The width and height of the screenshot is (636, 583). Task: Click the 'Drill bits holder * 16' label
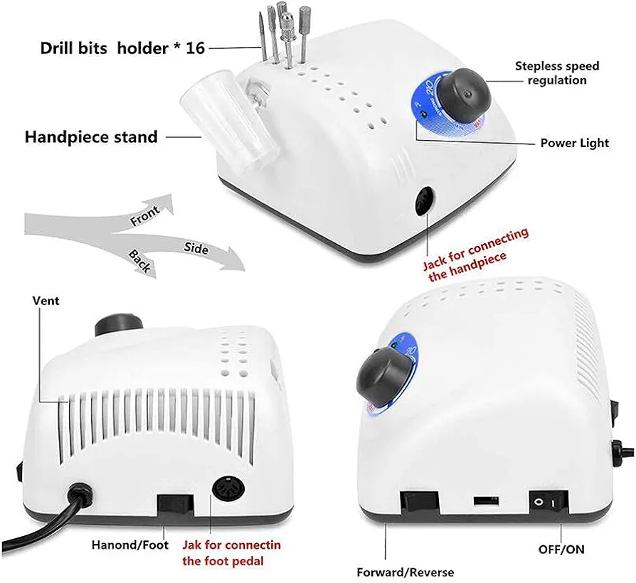[x=122, y=48]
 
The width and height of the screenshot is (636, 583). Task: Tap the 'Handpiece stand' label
[x=91, y=137]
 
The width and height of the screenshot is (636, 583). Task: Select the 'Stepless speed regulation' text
[x=557, y=73]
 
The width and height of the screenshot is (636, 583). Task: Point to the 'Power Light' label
[x=575, y=143]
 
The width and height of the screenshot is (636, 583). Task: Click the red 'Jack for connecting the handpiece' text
[x=476, y=255]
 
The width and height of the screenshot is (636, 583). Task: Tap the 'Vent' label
[x=46, y=301]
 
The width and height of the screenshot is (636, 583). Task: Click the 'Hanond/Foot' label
[x=129, y=545]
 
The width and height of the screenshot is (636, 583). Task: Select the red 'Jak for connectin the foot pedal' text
[x=231, y=552]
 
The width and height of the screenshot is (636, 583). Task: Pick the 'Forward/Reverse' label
[x=406, y=572]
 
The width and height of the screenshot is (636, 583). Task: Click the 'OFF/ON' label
[x=561, y=550]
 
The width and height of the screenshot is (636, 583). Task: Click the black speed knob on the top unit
[x=465, y=96]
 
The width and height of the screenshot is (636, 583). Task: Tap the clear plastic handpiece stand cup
[x=230, y=118]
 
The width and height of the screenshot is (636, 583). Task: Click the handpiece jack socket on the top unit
[x=425, y=200]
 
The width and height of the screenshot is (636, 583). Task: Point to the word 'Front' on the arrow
[x=145, y=215]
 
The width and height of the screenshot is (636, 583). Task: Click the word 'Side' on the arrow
[x=196, y=248]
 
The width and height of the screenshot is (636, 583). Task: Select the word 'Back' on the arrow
[x=140, y=261]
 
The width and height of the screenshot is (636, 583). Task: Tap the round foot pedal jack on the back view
[x=228, y=489]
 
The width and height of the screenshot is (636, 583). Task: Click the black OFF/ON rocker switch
[x=548, y=503]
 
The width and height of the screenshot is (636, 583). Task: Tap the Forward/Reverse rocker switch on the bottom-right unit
[x=419, y=505]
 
